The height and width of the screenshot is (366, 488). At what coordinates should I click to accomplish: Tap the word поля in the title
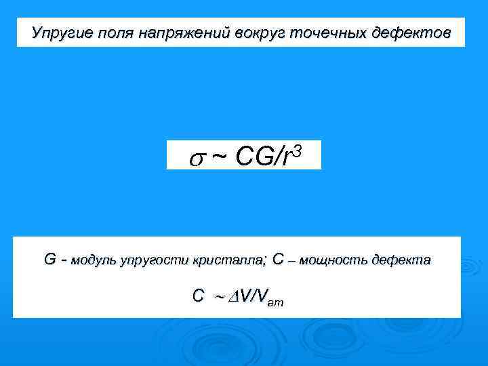pyautogui.click(x=112, y=33)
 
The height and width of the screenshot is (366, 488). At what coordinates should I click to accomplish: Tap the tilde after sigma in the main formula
pyautogui.click(x=219, y=157)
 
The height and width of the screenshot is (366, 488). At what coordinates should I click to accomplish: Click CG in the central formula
pyautogui.click(x=252, y=157)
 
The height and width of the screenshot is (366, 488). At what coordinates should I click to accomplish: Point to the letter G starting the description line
pyautogui.click(x=50, y=259)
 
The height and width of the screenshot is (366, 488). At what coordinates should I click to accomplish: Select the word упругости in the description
pyautogui.click(x=154, y=260)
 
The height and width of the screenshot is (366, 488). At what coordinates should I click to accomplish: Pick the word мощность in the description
pyautogui.click(x=335, y=260)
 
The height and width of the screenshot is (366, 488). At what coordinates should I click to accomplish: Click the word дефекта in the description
pyautogui.click(x=403, y=260)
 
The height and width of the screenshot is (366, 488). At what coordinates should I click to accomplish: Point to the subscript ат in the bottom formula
pyautogui.click(x=276, y=303)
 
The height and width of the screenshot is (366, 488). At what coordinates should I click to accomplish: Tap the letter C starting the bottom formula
pyautogui.click(x=198, y=296)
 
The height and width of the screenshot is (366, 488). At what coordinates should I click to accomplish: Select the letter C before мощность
pyautogui.click(x=279, y=259)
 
